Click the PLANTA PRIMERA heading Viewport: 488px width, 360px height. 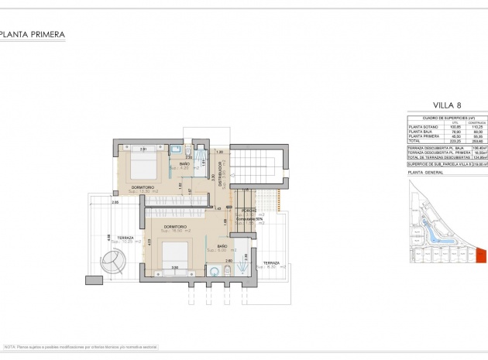pyautogui.click(x=33, y=35)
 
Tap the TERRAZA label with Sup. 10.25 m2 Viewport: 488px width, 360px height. pyautogui.click(x=120, y=238)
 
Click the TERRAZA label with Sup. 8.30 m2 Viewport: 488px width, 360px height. pyautogui.click(x=271, y=263)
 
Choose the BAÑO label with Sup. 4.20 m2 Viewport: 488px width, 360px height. pyautogui.click(x=184, y=164)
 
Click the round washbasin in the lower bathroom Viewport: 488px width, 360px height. pyautogui.click(x=213, y=270)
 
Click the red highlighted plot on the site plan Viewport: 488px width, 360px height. pyautogui.click(x=480, y=255)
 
